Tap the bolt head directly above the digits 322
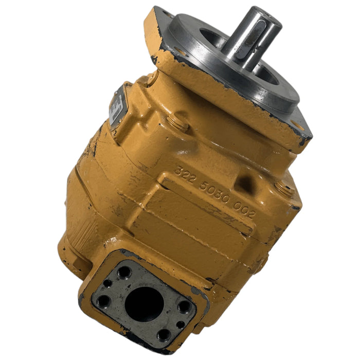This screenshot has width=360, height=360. pos(177,122)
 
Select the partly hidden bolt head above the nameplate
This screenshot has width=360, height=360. pos(152,78)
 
